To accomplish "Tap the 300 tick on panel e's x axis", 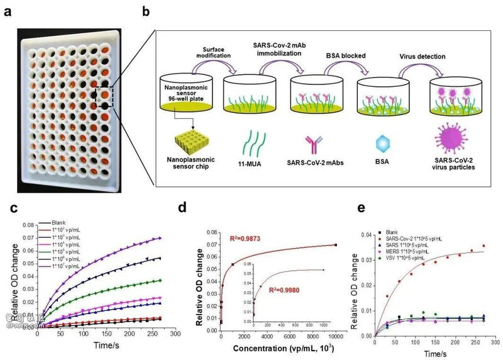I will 497,345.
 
